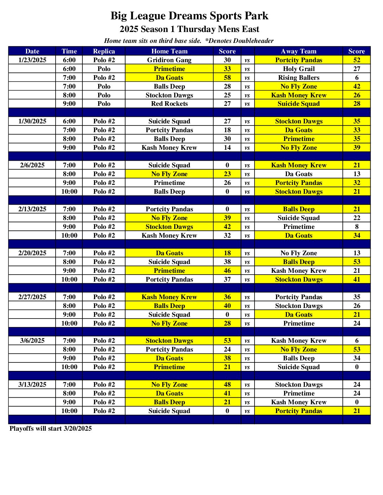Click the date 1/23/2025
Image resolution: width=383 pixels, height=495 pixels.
click(32, 60)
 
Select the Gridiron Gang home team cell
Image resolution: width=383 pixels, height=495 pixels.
click(169, 60)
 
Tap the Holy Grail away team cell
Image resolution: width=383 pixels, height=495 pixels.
click(299, 69)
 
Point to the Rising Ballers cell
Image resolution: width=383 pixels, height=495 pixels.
click(299, 78)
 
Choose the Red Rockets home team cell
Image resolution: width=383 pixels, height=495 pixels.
click(169, 104)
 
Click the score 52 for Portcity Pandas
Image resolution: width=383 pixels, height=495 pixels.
click(357, 60)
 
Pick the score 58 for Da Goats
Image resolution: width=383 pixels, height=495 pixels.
click(227, 78)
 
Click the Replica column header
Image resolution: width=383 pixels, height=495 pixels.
click(104, 51)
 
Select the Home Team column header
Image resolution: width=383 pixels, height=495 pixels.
click(169, 51)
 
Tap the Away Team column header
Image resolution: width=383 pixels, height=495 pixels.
click(299, 51)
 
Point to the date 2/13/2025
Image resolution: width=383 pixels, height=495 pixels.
click(32, 209)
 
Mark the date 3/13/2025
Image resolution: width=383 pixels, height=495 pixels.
click(32, 385)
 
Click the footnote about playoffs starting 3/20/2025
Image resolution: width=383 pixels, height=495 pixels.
click(51, 429)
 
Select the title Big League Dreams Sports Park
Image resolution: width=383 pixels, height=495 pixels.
click(189, 16)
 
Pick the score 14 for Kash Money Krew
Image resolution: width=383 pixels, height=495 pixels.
click(227, 148)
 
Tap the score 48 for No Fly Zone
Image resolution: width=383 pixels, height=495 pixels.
click(227, 385)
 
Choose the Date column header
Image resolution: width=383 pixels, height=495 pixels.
click(32, 51)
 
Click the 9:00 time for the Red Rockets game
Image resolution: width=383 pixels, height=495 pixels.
click(69, 104)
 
